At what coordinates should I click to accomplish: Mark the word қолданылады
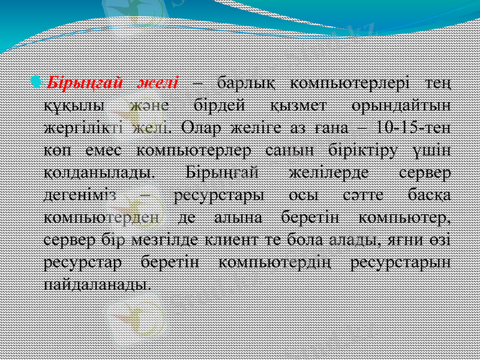pos(98,174)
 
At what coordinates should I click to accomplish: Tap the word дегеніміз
pos(85,197)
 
